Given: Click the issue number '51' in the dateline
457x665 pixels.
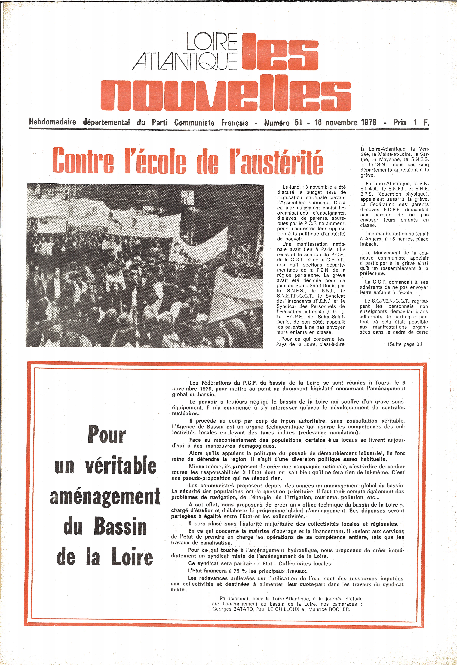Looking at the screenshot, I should pyautogui.click(x=298, y=123).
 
